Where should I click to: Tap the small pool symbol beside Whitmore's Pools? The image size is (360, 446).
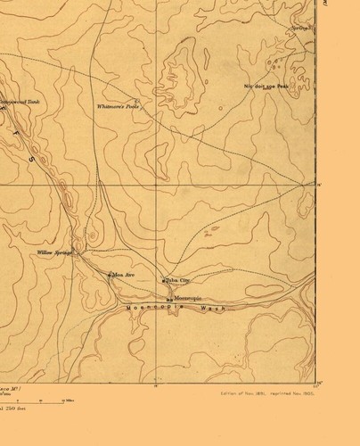pyautogui.click(x=135, y=101)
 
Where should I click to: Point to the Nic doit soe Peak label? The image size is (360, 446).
pyautogui.click(x=267, y=87)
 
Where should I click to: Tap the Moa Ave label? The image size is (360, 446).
pyautogui.click(x=122, y=275)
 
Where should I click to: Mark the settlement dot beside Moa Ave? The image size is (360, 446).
pyautogui.click(x=109, y=275)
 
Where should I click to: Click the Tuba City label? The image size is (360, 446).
pyautogui.click(x=179, y=280)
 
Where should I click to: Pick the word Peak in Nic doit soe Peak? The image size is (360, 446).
pyautogui.click(x=282, y=87)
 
